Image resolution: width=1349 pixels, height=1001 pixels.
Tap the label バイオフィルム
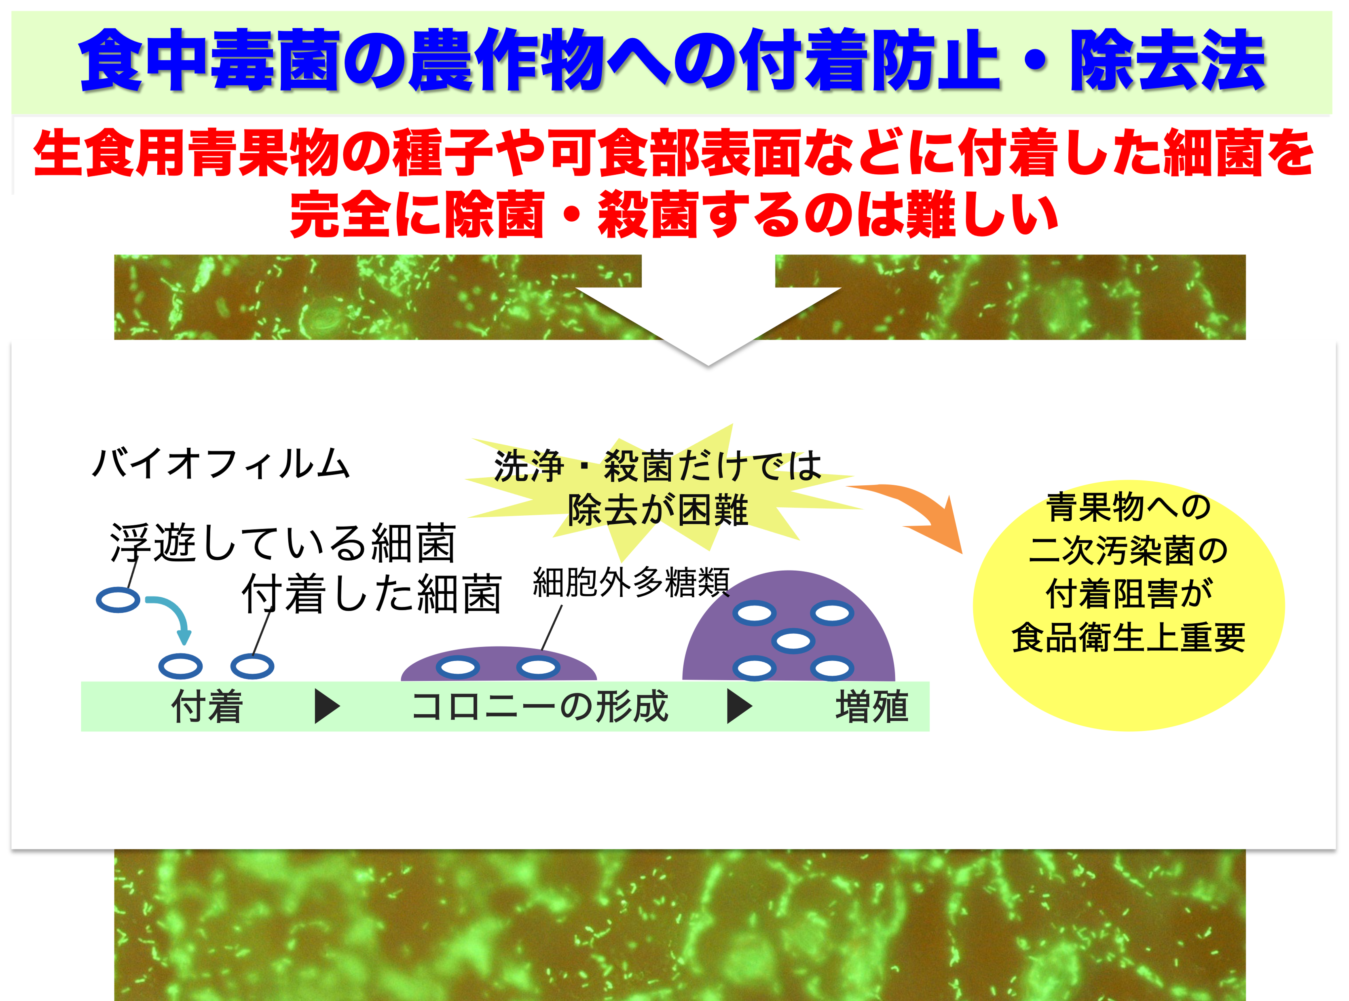click(x=222, y=464)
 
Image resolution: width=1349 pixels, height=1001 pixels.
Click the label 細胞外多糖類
click(x=631, y=582)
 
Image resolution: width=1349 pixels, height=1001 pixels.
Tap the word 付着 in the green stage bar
click(x=207, y=707)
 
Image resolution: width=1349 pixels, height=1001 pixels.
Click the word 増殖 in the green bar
click(x=872, y=707)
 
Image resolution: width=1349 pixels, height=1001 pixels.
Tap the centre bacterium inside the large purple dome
click(x=793, y=641)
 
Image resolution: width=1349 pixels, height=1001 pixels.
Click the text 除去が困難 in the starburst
click(x=658, y=510)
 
